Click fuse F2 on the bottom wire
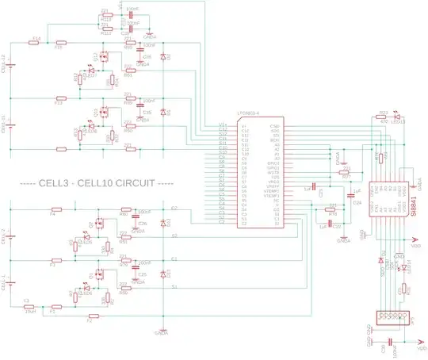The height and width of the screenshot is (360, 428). point(89,320)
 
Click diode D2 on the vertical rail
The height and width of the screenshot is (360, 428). point(162,58)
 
